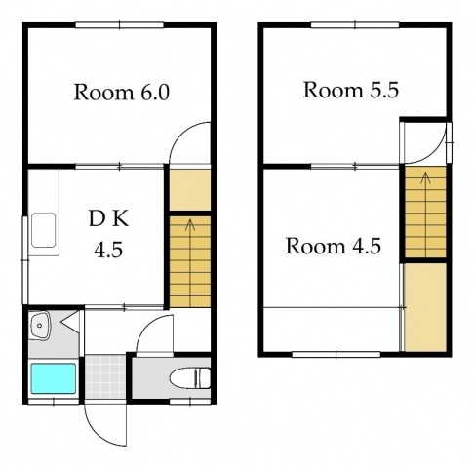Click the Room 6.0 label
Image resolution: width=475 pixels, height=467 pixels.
point(122,93)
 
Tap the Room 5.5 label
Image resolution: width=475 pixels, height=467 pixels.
point(351,90)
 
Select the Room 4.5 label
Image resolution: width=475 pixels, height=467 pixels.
point(334,247)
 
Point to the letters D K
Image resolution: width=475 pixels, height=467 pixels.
point(108,218)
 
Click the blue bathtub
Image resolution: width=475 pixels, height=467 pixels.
point(54,378)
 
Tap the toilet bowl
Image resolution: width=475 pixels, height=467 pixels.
point(190,378)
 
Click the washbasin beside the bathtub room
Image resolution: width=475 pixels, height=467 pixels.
point(39,326)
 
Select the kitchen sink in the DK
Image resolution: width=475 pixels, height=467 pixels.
point(43,230)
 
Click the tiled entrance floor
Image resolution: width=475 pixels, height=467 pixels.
point(105,377)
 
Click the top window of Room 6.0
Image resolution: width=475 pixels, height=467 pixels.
point(120,25)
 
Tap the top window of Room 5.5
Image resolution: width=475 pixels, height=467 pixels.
point(355,25)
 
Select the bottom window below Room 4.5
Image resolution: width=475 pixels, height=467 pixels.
point(336,354)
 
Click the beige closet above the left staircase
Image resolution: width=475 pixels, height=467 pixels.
point(190,190)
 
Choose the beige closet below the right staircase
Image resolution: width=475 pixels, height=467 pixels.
point(425,307)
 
